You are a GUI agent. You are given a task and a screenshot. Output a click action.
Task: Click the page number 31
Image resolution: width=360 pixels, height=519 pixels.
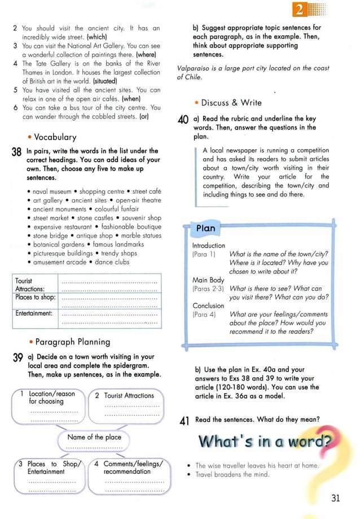pyautogui.click(x=336, y=498)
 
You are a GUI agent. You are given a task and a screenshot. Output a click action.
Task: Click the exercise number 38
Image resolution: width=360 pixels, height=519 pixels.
pyautogui.click(x=17, y=153)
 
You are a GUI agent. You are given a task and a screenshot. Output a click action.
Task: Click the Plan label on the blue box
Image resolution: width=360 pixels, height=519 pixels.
pyautogui.click(x=205, y=228)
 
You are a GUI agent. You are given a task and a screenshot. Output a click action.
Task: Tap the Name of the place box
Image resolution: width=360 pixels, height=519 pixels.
pyautogui.click(x=94, y=437)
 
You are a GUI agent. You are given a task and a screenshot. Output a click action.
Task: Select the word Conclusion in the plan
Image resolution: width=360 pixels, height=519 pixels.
pyautogui.click(x=208, y=306)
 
